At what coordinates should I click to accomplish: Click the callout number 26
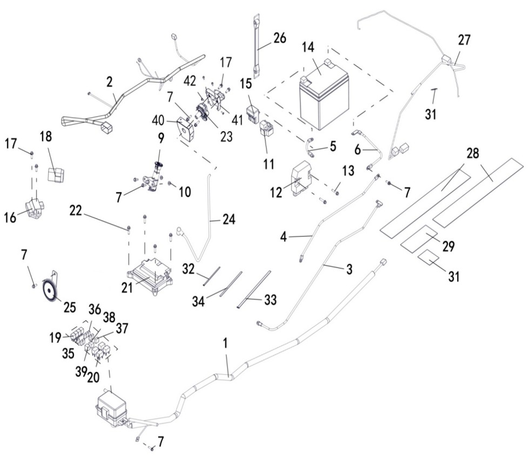click(x=279, y=38)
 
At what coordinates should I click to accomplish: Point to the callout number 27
click(x=464, y=39)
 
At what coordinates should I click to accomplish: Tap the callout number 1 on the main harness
click(x=226, y=343)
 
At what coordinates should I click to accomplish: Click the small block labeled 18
click(x=56, y=173)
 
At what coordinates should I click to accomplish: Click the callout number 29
click(x=447, y=247)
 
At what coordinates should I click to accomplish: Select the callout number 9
click(x=160, y=138)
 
